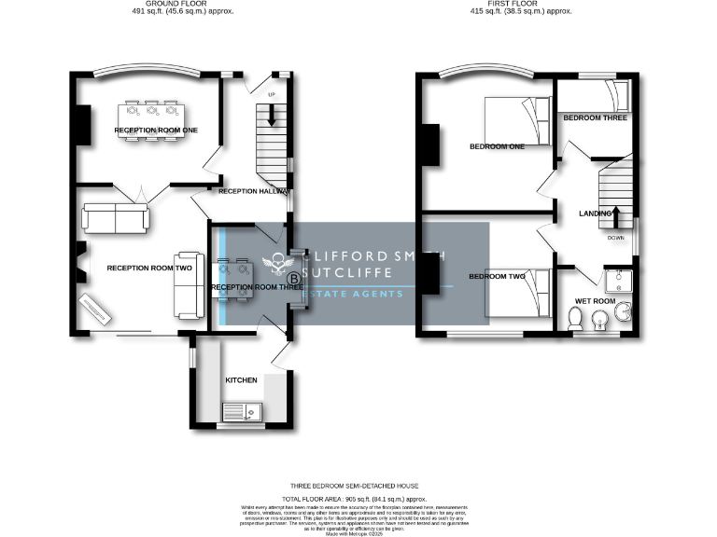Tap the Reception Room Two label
pyautogui.click(x=149, y=268)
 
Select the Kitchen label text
pyautogui.click(x=241, y=380)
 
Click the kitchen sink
pyautogui.click(x=244, y=408)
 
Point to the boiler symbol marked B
pyautogui.click(x=294, y=278)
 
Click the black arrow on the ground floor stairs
pyautogui.click(x=272, y=114)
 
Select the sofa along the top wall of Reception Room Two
pyautogui.click(x=114, y=218)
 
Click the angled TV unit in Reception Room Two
pyautogui.click(x=96, y=309)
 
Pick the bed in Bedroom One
pyautogui.click(x=516, y=121)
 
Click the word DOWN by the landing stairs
pyautogui.click(x=615, y=239)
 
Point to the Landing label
pyautogui.click(x=595, y=213)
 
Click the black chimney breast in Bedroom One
pyautogui.click(x=429, y=145)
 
